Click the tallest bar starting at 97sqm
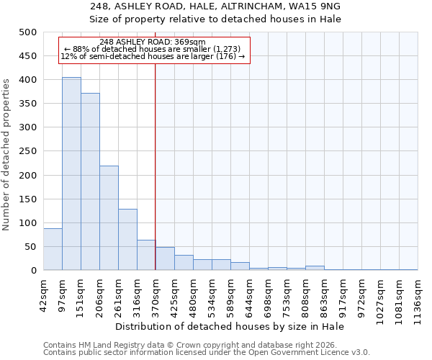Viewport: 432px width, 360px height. (x=71, y=174)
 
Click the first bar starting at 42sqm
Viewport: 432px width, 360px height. (x=53, y=249)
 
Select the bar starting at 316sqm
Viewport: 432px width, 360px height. (x=146, y=255)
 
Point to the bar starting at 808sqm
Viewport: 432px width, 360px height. (x=315, y=268)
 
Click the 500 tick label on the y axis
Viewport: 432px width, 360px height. (x=28, y=32)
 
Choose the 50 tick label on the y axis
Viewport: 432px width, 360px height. (x=31, y=247)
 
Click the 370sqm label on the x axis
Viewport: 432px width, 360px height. (x=156, y=294)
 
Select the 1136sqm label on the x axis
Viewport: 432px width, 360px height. (x=418, y=297)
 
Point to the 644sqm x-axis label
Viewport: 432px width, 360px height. (x=249, y=294)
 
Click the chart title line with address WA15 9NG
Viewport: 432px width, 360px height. (x=215, y=6)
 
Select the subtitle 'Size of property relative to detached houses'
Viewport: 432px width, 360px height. (x=215, y=19)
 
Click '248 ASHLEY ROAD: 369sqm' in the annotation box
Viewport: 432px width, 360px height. (x=153, y=42)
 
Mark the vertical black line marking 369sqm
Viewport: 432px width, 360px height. (x=155, y=166)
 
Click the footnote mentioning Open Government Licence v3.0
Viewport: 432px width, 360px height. (x=207, y=352)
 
